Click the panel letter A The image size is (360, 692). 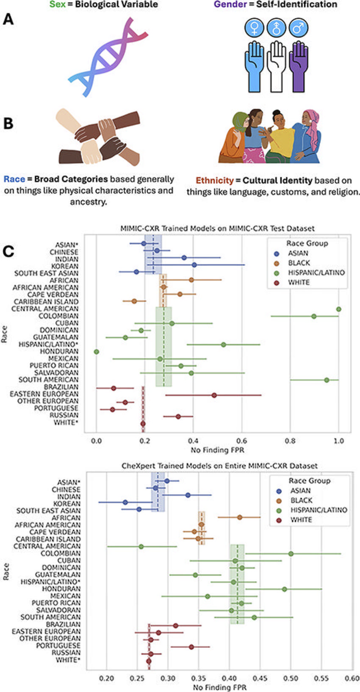pyautogui.click(x=8, y=19)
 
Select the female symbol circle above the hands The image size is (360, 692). pyautogui.click(x=255, y=28)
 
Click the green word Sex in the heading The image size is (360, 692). pyautogui.click(x=57, y=5)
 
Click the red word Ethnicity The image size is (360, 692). pyautogui.click(x=214, y=180)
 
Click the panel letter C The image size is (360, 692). pyautogui.click(x=8, y=251)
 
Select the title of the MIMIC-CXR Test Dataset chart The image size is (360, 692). pyautogui.click(x=217, y=228)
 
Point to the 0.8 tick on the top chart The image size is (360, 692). pyautogui.click(x=290, y=440)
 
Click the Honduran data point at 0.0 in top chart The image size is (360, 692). pyautogui.click(x=97, y=352)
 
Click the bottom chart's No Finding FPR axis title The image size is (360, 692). pyautogui.click(x=219, y=687)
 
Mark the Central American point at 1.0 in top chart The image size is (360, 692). pyautogui.click(x=338, y=309)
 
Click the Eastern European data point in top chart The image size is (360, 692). pyautogui.click(x=214, y=395)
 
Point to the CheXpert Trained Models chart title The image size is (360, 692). pyautogui.click(x=219, y=466)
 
